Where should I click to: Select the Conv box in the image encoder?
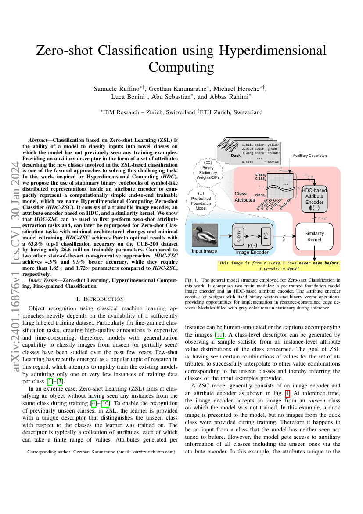(x=238, y=236)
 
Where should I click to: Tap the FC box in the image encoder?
(x=265, y=236)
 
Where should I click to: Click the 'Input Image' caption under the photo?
(x=204, y=251)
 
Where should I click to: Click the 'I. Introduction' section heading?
(x=101, y=299)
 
